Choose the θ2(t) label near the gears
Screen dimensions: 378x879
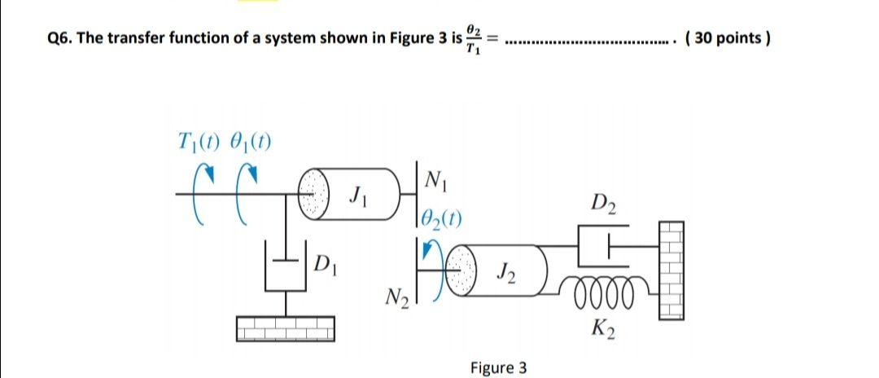tap(444, 217)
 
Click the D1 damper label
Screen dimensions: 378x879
tap(324, 264)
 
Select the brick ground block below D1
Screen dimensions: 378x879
tap(285, 327)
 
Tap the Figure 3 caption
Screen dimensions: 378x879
tap(498, 367)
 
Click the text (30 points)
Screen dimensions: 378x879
tap(728, 37)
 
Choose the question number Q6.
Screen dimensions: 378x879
tap(59, 38)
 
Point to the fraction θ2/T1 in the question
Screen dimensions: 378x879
tap(474, 38)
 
